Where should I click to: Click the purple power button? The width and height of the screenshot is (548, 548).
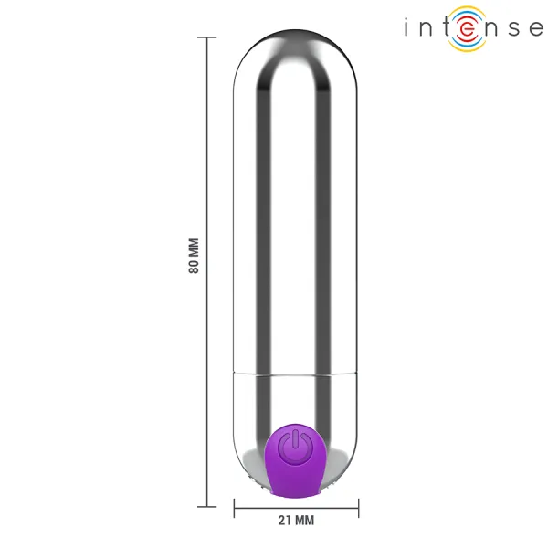[x=296, y=456]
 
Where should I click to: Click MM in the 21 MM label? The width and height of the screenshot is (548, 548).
[x=304, y=522]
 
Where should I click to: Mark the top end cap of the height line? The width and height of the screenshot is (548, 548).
[x=206, y=37]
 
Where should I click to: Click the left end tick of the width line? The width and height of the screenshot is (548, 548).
[x=235, y=506]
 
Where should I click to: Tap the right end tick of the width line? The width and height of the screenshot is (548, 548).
[x=358, y=506]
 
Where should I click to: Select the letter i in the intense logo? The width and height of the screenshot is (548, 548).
[x=408, y=28]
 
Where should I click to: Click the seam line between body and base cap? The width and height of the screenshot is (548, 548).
[x=296, y=374]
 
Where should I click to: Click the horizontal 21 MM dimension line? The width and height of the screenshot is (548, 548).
[x=296, y=506]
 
